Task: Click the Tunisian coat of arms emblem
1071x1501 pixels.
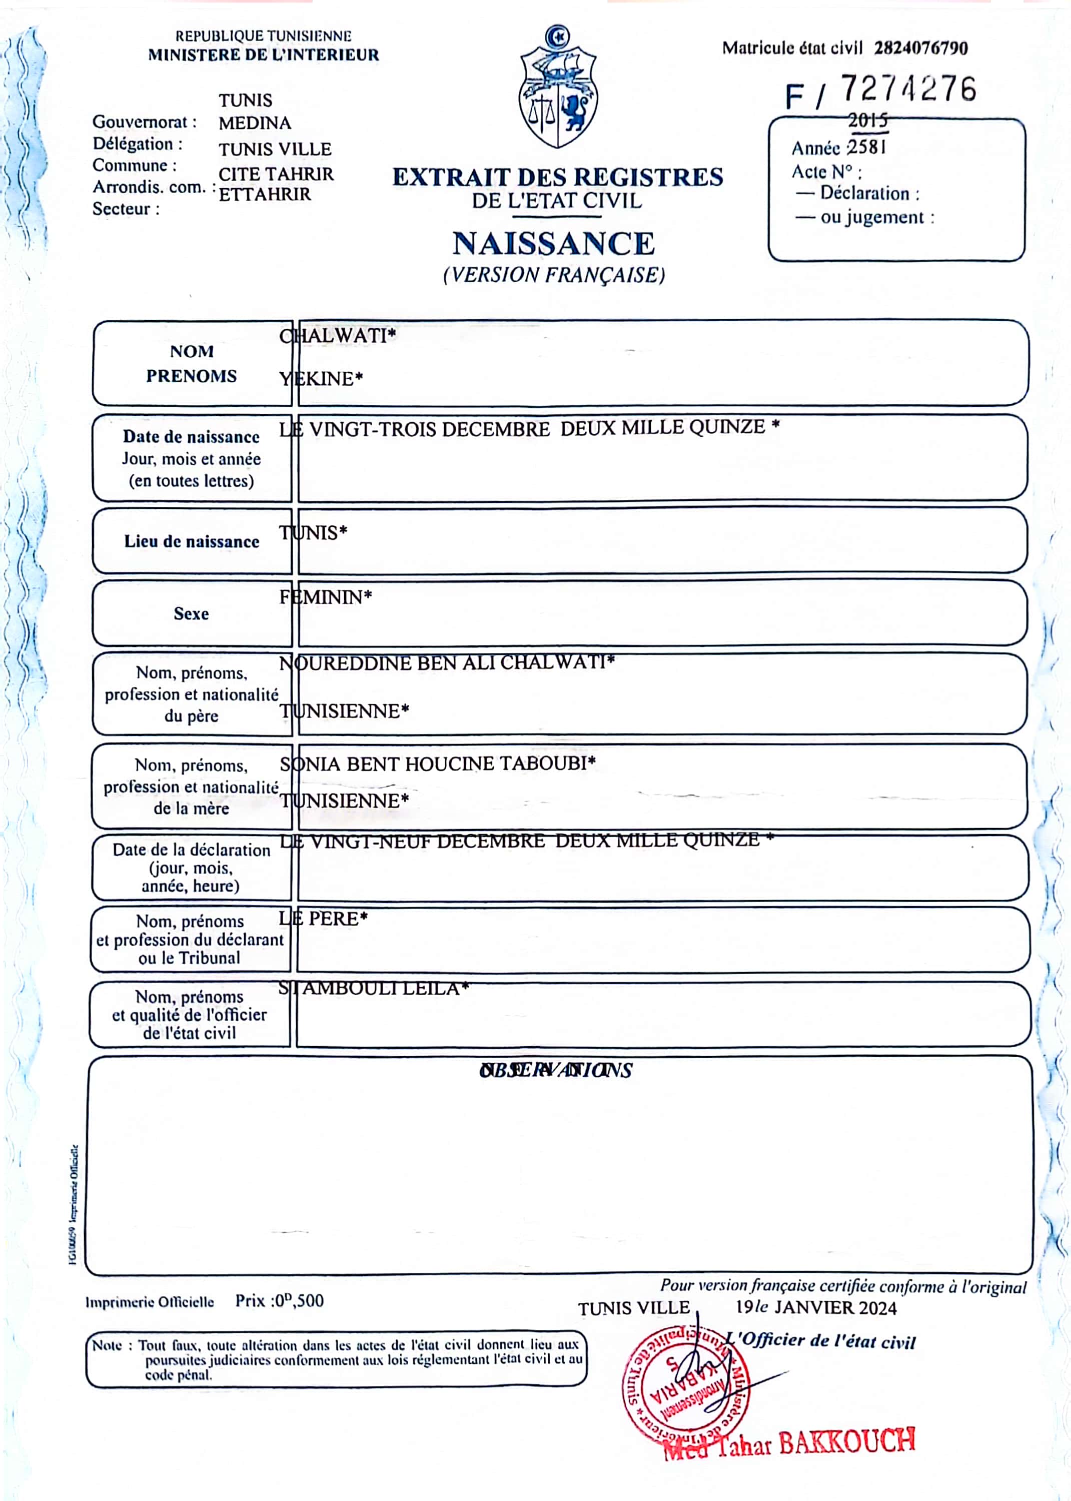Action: click(x=558, y=88)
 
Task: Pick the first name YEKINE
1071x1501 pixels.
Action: click(x=321, y=379)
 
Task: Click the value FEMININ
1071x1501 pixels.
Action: click(x=325, y=597)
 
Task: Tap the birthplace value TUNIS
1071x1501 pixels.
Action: click(x=313, y=532)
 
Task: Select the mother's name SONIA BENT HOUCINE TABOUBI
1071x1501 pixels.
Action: click(x=437, y=764)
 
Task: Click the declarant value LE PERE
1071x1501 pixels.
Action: click(x=323, y=918)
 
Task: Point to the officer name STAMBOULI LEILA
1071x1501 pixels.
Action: click(x=373, y=988)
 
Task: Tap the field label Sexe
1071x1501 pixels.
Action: click(x=191, y=613)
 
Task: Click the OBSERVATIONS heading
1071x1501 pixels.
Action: click(x=555, y=1070)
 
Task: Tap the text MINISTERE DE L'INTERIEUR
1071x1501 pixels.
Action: click(x=263, y=56)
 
